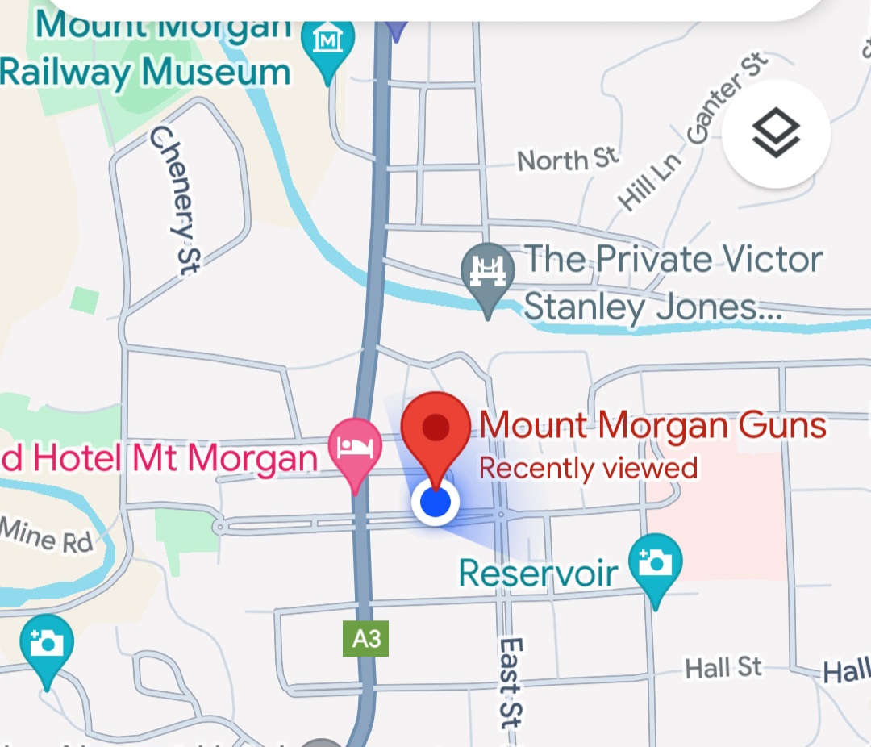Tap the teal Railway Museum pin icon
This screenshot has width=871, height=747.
[x=327, y=40]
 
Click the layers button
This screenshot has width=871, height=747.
[x=776, y=134]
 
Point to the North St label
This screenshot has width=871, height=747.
[x=568, y=159]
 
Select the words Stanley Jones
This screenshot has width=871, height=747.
[x=642, y=307]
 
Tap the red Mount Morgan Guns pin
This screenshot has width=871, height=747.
[x=435, y=428]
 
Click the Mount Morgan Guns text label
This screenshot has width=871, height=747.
[x=653, y=425]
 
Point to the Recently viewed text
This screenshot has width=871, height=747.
[x=589, y=467]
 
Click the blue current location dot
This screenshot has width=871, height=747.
[x=435, y=503]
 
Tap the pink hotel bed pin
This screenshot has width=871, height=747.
[x=355, y=448]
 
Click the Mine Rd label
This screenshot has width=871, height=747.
[x=47, y=536]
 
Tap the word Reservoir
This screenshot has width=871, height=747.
[x=538, y=574]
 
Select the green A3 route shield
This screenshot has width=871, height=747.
[x=366, y=640]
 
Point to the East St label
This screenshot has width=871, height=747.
[x=511, y=682]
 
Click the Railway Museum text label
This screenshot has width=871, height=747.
[x=145, y=72]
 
